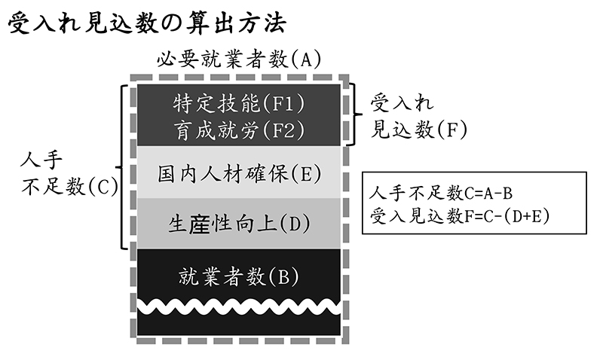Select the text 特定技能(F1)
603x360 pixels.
tap(237, 102)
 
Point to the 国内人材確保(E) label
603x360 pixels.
tap(237, 173)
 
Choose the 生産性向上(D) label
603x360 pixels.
tap(237, 224)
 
